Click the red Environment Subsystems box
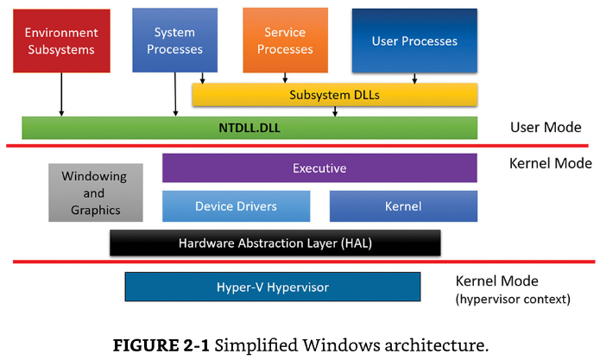click(x=61, y=41)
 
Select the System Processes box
click(x=175, y=41)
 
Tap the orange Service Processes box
click(x=286, y=41)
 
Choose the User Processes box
click(x=414, y=41)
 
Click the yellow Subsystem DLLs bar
click(x=334, y=94)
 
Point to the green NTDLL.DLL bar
click(x=249, y=128)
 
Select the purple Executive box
click(x=319, y=168)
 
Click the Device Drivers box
click(x=236, y=206)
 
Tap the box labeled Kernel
click(x=403, y=206)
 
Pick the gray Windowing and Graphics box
click(x=96, y=193)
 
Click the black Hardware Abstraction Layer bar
click(x=275, y=243)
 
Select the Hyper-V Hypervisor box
click(x=273, y=287)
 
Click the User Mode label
click(x=546, y=127)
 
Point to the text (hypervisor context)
click(x=513, y=299)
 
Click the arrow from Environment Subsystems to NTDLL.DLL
click(x=61, y=94)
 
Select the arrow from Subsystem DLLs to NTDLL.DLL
click(x=335, y=111)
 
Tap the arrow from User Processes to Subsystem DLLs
click(x=414, y=78)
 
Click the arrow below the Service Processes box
click(x=285, y=78)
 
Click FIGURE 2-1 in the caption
click(x=161, y=345)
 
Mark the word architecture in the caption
click(x=437, y=345)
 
